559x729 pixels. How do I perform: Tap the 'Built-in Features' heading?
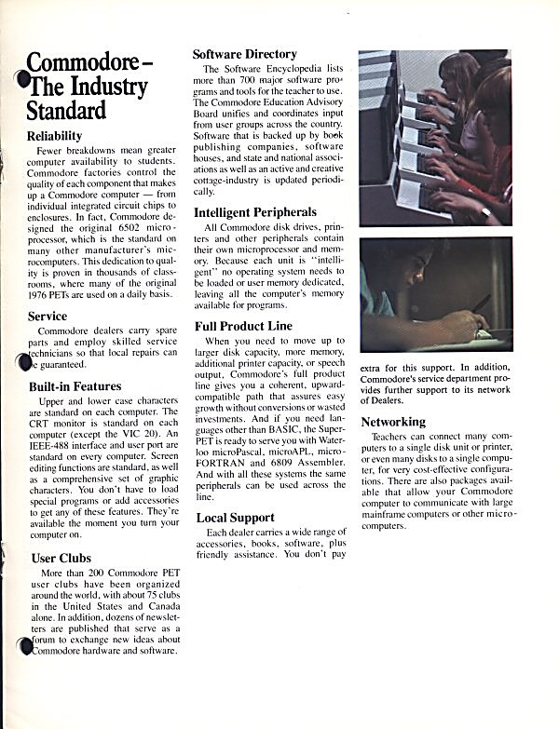tap(75, 385)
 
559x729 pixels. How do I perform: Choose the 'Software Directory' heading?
tap(245, 54)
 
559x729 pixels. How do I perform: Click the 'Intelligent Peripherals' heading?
tap(255, 212)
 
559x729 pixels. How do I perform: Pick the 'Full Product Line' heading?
tap(243, 326)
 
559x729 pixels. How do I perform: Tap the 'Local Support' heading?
tap(235, 517)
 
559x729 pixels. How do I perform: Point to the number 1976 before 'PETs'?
tap(43, 295)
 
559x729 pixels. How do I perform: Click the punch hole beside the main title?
tap(22, 80)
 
